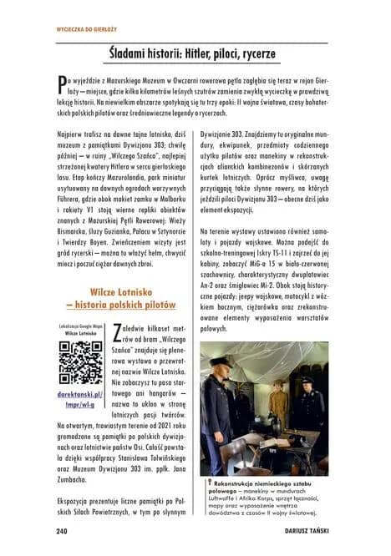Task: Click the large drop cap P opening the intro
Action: click(x=61, y=83)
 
